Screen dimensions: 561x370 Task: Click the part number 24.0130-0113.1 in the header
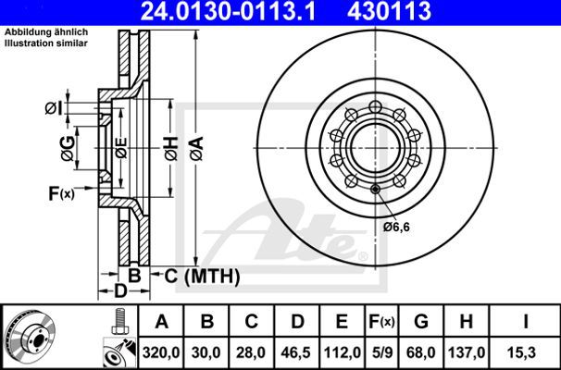(229, 11)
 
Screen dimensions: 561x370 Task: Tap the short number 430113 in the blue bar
(389, 11)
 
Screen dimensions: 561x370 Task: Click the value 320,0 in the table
(161, 352)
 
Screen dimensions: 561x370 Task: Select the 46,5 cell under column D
(297, 352)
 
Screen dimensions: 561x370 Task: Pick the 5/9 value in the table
(382, 352)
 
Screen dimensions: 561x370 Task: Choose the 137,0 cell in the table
(465, 352)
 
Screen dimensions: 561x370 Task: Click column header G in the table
(421, 321)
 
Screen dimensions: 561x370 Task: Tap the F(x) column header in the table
(381, 322)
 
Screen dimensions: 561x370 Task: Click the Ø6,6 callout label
(396, 227)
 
